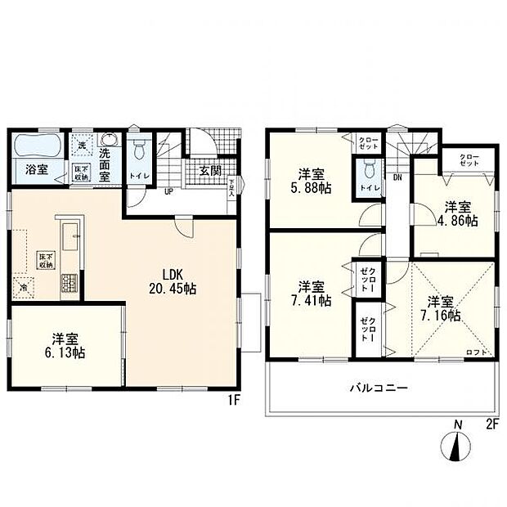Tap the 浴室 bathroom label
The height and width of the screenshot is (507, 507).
35,170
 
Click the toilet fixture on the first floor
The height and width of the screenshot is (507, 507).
139,151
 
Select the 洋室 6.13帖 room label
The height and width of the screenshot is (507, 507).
67,346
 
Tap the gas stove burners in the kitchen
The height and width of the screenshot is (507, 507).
69,283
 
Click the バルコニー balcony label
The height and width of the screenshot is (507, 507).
379,387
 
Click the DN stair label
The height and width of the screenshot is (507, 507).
397,177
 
